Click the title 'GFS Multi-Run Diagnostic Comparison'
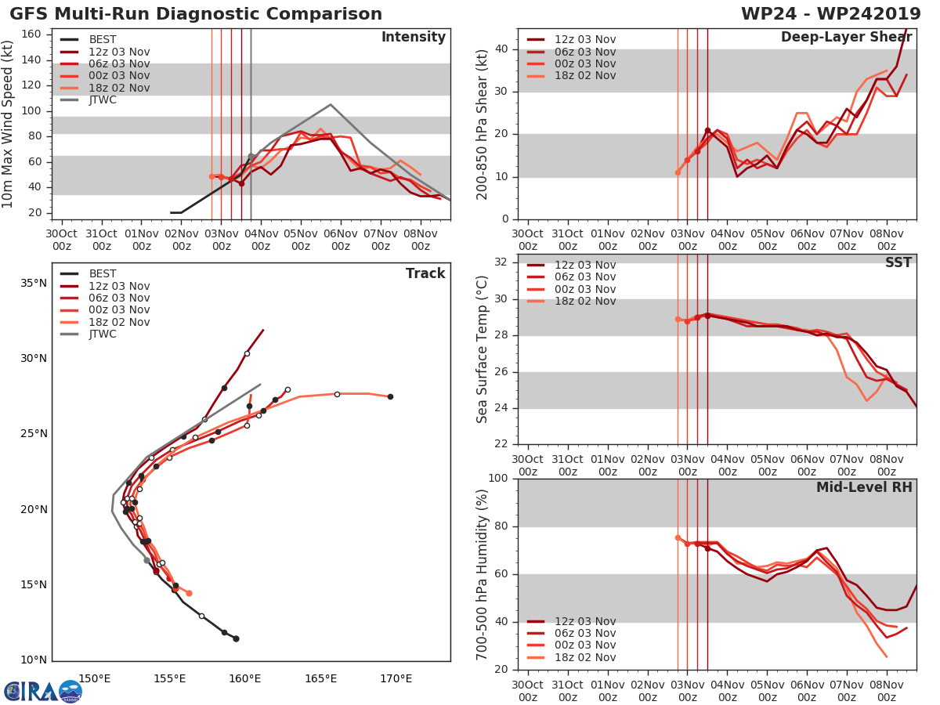coord(196,14)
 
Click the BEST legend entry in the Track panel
coord(103,274)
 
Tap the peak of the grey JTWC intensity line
coord(331,104)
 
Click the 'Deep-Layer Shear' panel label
coord(846,38)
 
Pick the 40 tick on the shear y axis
coord(501,49)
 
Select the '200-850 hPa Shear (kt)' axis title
coord(483,125)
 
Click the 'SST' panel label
coord(898,262)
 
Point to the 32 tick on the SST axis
coord(502,262)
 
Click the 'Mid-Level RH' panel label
coord(864,487)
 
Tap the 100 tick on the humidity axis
coord(497,479)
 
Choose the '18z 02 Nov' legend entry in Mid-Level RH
coord(584,657)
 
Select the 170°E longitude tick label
coord(396,678)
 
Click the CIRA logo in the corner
coord(43,691)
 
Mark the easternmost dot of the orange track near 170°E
coord(390,396)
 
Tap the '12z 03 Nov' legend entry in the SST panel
coord(584,266)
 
